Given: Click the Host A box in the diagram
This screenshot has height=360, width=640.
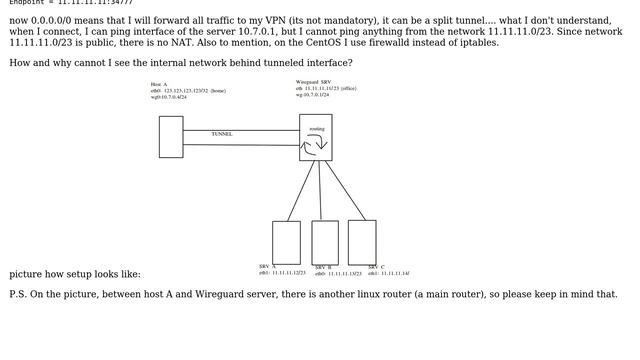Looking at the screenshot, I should [171, 137].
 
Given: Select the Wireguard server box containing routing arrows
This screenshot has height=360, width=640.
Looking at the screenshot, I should [316, 138].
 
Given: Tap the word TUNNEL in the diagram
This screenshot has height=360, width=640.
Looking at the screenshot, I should [222, 134].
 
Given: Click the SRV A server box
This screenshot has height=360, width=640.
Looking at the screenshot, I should [286, 242].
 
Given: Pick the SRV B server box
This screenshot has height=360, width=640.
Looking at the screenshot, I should [325, 242].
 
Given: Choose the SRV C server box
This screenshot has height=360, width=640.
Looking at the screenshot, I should [362, 242].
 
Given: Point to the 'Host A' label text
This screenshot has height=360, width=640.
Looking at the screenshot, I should [158, 84].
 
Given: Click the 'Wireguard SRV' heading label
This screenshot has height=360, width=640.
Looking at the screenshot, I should [313, 82].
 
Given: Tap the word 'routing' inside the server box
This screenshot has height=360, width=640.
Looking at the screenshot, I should [316, 129].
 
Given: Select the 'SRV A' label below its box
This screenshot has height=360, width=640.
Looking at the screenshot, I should [267, 267].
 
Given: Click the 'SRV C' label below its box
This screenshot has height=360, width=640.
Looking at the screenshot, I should [376, 267].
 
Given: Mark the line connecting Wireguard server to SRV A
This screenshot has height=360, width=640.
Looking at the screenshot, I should [302, 190].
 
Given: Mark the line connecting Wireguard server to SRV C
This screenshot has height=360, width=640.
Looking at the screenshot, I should [346, 190].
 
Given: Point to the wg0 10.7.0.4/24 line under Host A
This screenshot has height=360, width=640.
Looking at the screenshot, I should [169, 97].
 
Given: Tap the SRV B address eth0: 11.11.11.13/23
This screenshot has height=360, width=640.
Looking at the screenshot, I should [338, 273].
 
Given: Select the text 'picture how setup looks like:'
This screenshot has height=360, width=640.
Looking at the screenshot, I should [75, 274].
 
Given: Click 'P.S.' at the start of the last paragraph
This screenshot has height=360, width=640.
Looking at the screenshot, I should [20, 295].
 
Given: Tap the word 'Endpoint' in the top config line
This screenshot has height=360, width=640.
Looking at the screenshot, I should [29, 3].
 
